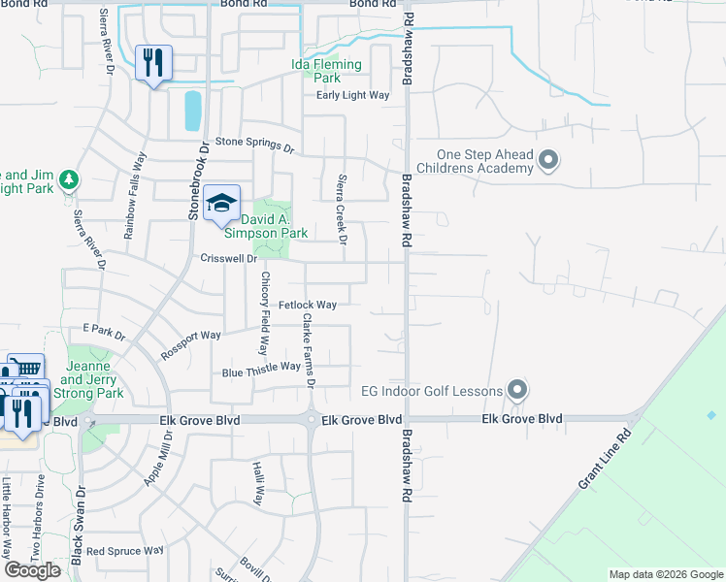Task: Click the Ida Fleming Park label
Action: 326,71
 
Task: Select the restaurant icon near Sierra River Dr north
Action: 153,64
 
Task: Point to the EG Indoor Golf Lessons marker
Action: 517,391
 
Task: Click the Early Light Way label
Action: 353,95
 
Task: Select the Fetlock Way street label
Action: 308,305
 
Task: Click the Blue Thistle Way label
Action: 261,369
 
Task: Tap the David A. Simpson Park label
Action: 266,226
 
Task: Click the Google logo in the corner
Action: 32,570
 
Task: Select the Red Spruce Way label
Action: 124,550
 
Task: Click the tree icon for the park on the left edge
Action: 68,180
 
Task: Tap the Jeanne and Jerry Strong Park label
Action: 95,379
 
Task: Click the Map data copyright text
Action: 665,574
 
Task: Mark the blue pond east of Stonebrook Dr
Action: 192,111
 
